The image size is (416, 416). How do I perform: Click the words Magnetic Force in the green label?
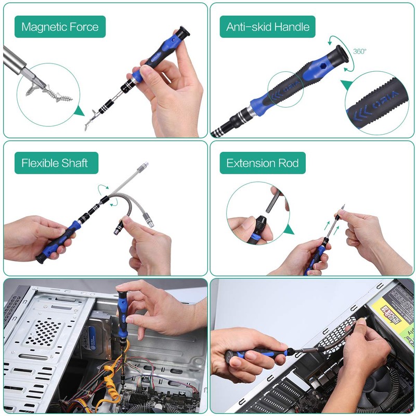click(60, 27)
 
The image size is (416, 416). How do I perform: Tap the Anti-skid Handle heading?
click(268, 27)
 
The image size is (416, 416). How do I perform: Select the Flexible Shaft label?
click(55, 163)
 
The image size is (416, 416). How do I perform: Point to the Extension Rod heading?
click(263, 163)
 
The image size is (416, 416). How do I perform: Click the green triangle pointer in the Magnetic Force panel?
click(79, 111)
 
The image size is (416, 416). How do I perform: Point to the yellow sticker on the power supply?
click(393, 312)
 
